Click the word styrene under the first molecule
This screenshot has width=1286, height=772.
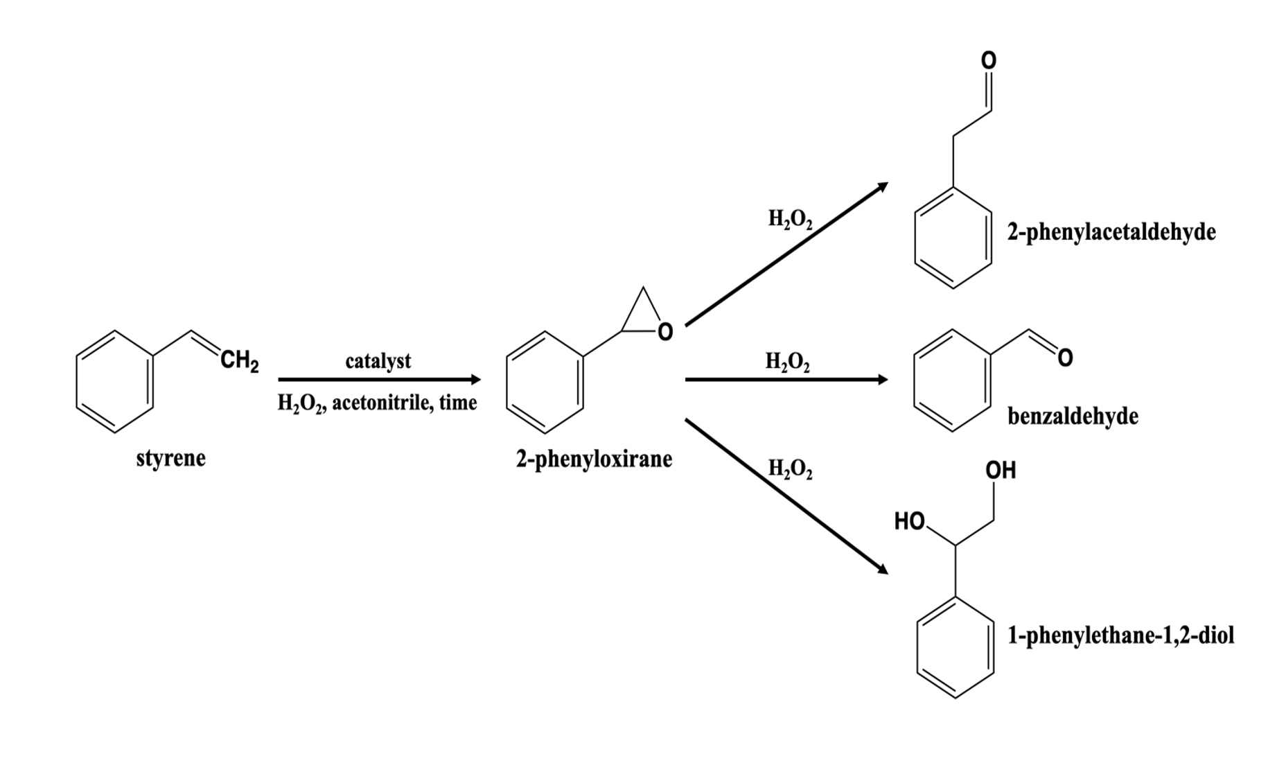[170, 459]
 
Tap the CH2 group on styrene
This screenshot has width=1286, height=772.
[239, 361]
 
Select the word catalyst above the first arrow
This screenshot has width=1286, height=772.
[378, 361]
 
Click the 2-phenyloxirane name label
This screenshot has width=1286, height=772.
[593, 459]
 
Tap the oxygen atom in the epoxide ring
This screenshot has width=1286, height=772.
[664, 333]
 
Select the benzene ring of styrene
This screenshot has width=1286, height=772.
[115, 382]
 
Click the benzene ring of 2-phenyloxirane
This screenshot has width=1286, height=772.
[545, 382]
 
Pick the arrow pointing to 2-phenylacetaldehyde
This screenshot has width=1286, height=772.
[786, 254]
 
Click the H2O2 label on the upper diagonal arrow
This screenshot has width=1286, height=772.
[790, 220]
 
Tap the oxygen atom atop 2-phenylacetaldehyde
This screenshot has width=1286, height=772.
[989, 61]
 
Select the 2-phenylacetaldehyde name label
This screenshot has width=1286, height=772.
[1111, 231]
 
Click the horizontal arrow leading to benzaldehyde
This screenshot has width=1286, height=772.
[786, 380]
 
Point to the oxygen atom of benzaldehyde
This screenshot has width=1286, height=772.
[1065, 358]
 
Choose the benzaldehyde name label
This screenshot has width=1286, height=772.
[1073, 416]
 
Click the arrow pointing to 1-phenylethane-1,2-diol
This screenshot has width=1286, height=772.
[786, 496]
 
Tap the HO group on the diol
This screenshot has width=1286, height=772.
[910, 521]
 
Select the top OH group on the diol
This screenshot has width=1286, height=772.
[1001, 471]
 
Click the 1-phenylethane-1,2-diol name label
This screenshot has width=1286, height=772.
[1120, 635]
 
